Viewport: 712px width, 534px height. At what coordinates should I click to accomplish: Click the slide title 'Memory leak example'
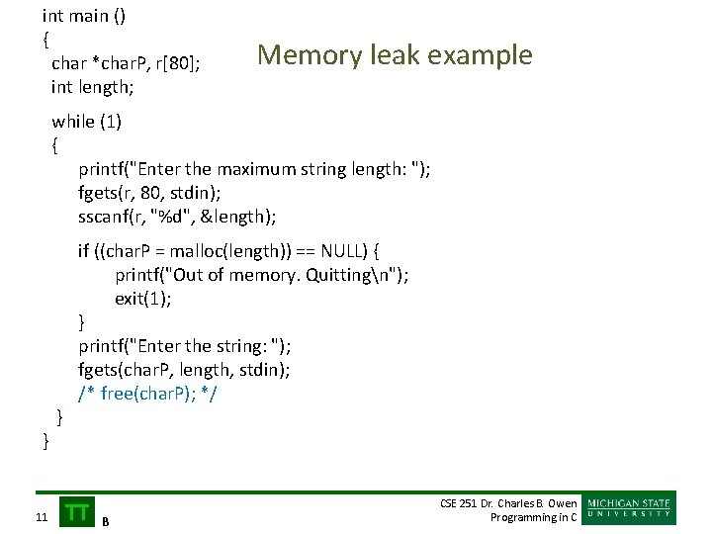pyautogui.click(x=395, y=55)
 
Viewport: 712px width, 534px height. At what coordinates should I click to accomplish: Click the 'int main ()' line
pyautogui.click(x=84, y=16)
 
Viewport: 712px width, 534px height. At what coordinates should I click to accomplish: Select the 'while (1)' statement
pyautogui.click(x=86, y=122)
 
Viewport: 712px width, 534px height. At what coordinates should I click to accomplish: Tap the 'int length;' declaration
pyautogui.click(x=92, y=87)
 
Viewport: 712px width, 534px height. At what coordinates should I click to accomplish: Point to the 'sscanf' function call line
pyautogui.click(x=177, y=217)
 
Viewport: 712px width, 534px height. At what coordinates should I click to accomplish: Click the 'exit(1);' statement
pyautogui.click(x=142, y=299)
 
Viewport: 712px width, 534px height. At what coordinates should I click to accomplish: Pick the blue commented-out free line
pyautogui.click(x=147, y=394)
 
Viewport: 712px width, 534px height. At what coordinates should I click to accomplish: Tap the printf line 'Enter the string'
pyautogui.click(x=185, y=346)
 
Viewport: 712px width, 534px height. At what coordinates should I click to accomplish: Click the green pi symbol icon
pyautogui.click(x=77, y=510)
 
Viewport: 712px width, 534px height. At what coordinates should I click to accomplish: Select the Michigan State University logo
pyautogui.click(x=630, y=508)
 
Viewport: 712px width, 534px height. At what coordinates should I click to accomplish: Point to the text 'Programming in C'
pyautogui.click(x=534, y=517)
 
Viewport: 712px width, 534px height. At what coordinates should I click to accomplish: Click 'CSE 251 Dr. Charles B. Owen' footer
pyautogui.click(x=508, y=503)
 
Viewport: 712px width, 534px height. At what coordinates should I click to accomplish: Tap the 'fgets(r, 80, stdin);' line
pyautogui.click(x=149, y=193)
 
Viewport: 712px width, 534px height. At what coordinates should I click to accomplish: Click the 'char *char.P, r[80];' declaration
pyautogui.click(x=126, y=63)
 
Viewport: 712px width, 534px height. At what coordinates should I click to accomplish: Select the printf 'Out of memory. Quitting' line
pyautogui.click(x=261, y=275)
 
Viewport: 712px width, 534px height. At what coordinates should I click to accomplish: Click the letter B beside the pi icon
pyautogui.click(x=106, y=520)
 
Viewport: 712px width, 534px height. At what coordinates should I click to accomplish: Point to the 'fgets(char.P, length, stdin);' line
pyautogui.click(x=184, y=370)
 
